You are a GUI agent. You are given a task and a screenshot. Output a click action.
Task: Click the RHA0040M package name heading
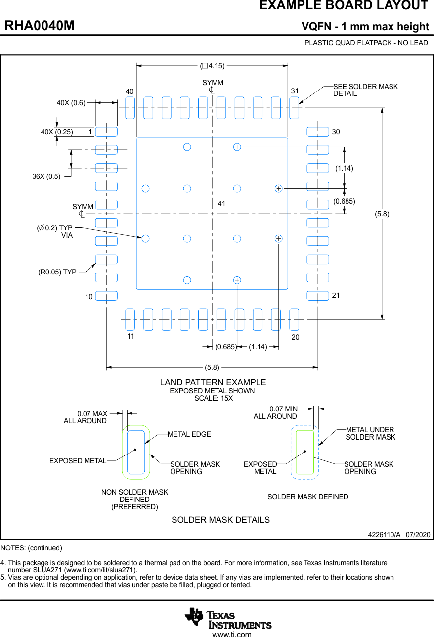[x=40, y=26]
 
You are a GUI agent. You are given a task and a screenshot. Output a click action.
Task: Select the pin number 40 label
[x=130, y=92]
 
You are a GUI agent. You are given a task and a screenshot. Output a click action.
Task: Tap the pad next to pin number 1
[x=106, y=132]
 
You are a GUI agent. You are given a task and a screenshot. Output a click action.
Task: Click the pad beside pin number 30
[x=317, y=132]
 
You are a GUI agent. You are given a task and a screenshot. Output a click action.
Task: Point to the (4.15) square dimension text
[x=213, y=66]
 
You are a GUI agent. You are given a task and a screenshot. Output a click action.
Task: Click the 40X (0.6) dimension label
[x=71, y=103]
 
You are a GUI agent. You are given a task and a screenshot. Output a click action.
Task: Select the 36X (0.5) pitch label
[x=46, y=176]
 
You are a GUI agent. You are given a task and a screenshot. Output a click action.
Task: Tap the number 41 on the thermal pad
[x=221, y=204]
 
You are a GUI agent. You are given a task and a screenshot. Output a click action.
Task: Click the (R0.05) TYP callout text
[x=57, y=272]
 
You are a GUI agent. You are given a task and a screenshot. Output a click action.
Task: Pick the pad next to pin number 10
[x=106, y=296]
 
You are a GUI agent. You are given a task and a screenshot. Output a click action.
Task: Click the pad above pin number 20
[x=294, y=319]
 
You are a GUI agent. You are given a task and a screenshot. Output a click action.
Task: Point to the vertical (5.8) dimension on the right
[x=382, y=214]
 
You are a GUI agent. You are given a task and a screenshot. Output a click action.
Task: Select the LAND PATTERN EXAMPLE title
[x=213, y=382]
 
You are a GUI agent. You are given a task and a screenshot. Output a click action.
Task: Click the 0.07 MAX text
[x=92, y=414]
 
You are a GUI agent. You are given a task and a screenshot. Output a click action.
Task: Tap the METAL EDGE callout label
[x=189, y=434]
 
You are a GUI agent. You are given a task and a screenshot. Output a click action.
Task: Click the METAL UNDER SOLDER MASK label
[x=370, y=433]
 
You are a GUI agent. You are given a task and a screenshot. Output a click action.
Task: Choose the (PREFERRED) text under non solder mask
[x=134, y=507]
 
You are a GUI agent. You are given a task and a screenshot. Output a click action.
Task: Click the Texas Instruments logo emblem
[x=194, y=617]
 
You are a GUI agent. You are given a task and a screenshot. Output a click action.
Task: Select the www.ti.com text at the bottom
[x=231, y=634]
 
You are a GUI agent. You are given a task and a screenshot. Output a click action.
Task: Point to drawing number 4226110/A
[x=384, y=535]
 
